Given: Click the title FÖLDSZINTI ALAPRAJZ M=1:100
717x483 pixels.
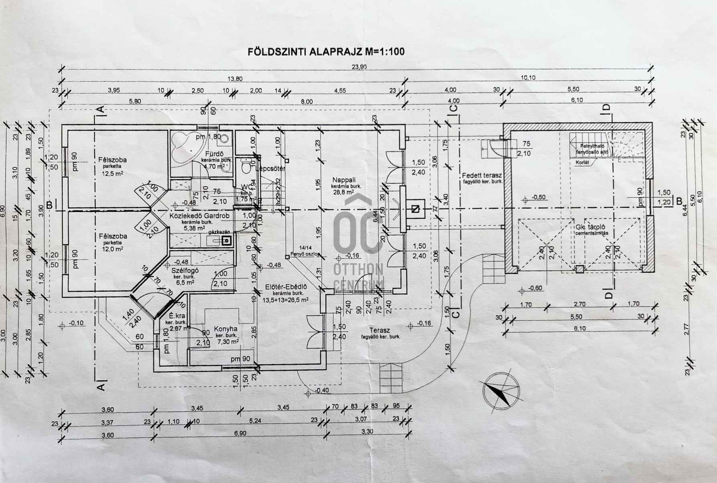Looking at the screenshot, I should coord(326,52).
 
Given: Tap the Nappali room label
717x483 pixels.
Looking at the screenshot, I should coord(344,180).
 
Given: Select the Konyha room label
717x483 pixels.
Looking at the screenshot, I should coord(225,329).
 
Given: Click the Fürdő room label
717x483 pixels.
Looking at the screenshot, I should coord(214,154).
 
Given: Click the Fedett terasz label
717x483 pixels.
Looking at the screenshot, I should coord(482,175).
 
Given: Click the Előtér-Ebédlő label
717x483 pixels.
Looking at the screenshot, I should coord(286,287).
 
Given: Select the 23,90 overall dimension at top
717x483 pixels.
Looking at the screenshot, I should coord(359,67).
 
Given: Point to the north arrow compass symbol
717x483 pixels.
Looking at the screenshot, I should coord(501,392).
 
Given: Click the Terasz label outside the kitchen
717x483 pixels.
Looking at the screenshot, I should coord(380,330).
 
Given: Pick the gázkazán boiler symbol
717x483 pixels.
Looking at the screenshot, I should coord(227,240).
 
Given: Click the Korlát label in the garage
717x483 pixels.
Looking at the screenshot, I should coord(582,162).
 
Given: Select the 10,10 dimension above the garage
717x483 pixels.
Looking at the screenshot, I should coord(528,78).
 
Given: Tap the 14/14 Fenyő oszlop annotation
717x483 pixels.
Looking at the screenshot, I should coord(306,251).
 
